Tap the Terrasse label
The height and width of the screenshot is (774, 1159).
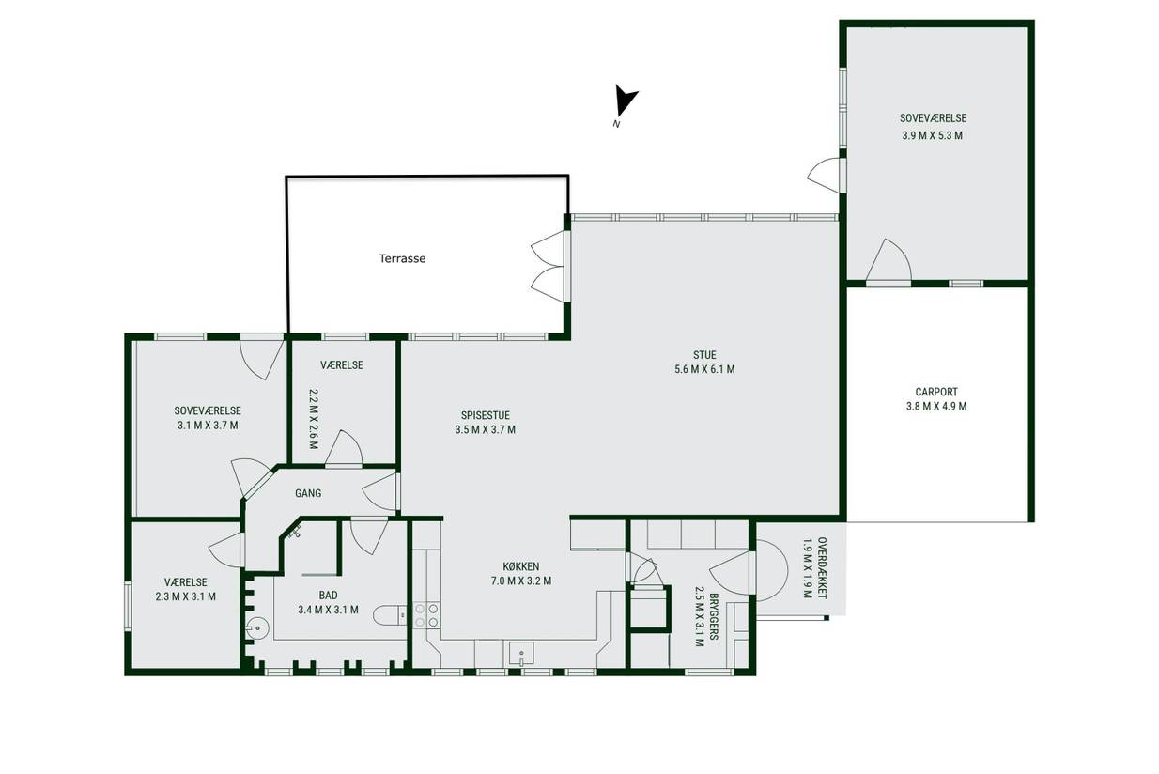402,258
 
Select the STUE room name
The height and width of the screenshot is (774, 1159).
704,355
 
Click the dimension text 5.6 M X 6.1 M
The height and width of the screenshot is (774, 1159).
704,369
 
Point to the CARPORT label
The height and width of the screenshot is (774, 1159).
936,393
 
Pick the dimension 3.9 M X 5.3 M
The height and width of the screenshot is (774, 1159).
933,135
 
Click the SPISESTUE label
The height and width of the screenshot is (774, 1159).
486,415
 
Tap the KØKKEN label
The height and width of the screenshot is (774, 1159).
521,566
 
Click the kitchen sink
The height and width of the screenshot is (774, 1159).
521,655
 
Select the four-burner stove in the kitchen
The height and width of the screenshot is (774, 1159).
426,615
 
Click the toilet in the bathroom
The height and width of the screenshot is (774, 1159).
391,615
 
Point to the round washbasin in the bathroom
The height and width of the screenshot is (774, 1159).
257,628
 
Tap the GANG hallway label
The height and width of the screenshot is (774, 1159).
308,493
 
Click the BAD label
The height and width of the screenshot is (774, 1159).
328,596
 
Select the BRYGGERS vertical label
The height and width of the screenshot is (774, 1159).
714,616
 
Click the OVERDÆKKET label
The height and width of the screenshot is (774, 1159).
822,567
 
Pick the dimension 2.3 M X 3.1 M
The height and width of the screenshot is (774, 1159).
186,596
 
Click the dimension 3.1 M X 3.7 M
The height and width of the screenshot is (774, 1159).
208,426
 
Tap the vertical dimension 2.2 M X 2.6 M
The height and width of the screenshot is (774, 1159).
313,419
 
